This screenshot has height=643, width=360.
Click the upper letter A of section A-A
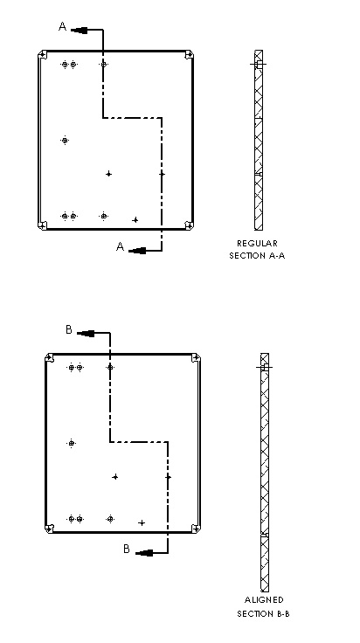(62, 27)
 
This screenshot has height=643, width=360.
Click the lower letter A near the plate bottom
(120, 246)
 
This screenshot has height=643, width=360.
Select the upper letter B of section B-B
(69, 329)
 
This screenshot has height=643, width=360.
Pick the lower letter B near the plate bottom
(127, 550)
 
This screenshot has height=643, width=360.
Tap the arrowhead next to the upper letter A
(80, 30)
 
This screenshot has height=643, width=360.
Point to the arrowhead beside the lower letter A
(137, 251)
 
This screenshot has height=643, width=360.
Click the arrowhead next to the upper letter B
(86, 334)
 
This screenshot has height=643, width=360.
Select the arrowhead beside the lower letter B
(144, 553)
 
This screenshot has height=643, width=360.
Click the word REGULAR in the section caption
(257, 244)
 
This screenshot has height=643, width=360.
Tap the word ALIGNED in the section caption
(264, 600)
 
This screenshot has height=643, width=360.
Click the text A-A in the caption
(276, 256)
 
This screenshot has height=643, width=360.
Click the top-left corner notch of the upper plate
(43, 54)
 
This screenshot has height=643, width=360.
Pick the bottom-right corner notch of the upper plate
(189, 225)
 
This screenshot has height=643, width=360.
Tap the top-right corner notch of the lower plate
(196, 358)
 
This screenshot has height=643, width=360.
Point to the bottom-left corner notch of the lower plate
(49, 529)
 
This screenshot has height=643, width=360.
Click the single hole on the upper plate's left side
(65, 141)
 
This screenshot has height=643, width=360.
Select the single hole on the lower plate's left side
(72, 443)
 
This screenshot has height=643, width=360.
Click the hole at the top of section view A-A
(259, 65)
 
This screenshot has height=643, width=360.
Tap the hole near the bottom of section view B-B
(265, 535)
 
